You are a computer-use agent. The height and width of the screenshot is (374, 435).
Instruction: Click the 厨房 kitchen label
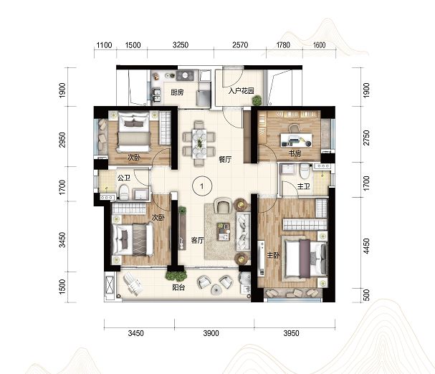177,92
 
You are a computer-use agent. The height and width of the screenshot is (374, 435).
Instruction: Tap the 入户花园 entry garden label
241,91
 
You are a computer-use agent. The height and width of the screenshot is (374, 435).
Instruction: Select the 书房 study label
295,153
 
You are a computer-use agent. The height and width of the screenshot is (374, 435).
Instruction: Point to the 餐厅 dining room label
225,160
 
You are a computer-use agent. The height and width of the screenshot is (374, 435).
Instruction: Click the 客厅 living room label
197,240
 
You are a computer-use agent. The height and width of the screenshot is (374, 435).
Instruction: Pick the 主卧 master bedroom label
273,254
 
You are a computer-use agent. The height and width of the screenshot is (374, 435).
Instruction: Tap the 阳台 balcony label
178,287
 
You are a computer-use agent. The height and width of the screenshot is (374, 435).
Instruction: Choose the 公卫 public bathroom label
124,178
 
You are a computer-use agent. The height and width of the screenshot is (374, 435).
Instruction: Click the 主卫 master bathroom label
304,186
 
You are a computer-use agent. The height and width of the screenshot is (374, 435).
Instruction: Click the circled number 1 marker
202,186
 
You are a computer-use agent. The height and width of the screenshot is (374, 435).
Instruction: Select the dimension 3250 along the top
181,45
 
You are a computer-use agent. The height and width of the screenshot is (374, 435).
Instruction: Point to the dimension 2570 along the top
240,45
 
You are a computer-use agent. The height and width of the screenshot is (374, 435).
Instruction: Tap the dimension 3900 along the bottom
211,333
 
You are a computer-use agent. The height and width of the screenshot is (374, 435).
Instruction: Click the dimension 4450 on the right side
366,246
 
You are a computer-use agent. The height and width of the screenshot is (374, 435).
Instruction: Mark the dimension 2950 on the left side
62,140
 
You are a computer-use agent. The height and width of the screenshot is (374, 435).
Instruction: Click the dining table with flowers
199,143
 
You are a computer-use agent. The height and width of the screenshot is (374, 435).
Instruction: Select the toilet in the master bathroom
305,171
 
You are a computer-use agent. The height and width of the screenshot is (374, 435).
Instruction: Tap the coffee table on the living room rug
224,231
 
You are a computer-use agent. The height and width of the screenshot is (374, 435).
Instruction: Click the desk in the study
296,140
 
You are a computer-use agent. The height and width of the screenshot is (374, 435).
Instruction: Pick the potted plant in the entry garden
257,100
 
